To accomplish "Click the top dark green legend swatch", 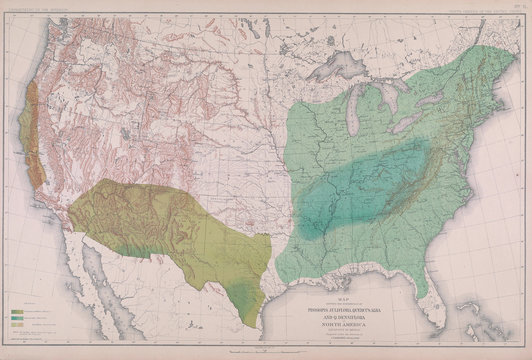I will pyautogui.click(x=18, y=311).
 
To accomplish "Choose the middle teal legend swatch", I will pyautogui.click(x=18, y=318).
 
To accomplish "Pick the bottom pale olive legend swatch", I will pyautogui.click(x=18, y=325).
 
